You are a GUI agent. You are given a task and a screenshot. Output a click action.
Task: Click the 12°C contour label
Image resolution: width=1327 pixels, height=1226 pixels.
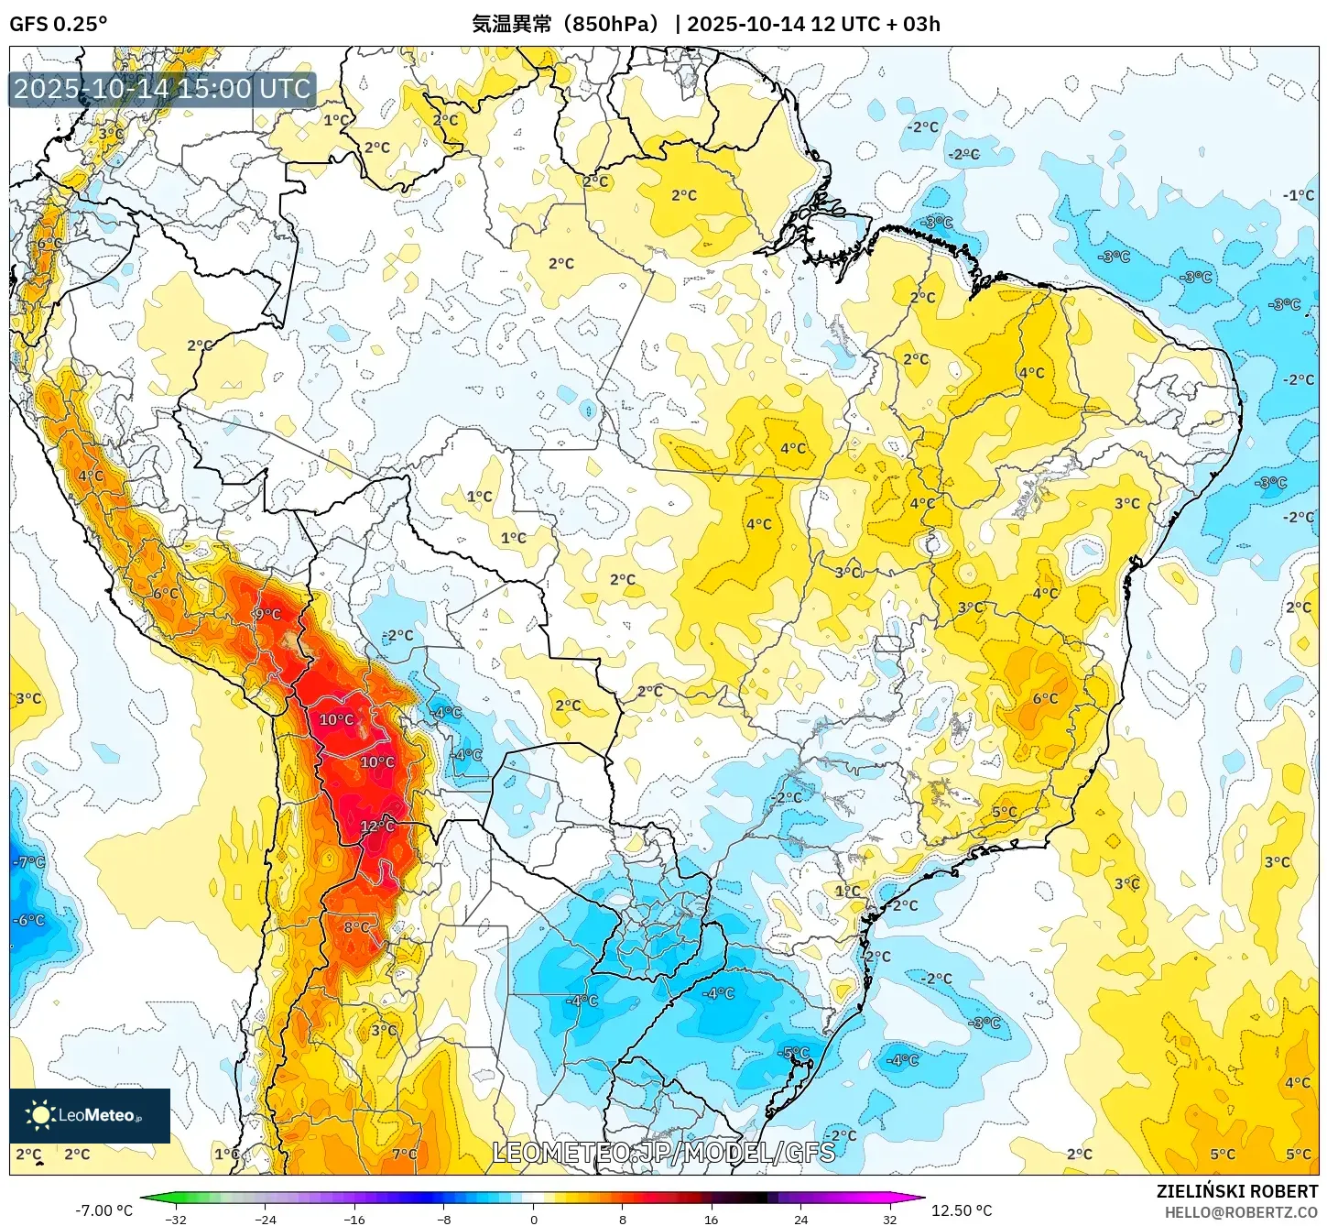coord(376,826)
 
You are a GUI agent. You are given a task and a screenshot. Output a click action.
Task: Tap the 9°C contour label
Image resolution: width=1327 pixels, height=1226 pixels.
coord(267,614)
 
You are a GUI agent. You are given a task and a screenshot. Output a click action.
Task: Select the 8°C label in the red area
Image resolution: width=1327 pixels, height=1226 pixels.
coord(356,927)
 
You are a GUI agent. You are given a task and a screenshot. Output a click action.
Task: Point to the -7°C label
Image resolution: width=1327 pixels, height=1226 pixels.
coord(28,862)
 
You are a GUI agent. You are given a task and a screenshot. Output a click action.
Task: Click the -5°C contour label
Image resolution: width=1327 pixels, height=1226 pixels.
coord(795,1053)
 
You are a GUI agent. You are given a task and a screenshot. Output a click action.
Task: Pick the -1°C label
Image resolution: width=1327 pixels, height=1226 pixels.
coord(1298,195)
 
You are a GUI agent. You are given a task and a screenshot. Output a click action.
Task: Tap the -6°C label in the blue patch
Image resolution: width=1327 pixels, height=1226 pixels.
coord(28,920)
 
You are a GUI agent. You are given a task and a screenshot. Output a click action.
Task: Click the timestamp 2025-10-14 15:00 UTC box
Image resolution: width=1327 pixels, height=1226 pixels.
coord(162,89)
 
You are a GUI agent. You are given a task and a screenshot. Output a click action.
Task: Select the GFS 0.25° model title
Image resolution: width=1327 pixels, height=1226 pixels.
coord(59,24)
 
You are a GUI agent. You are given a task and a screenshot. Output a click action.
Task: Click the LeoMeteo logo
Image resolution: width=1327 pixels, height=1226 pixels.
coord(90,1115)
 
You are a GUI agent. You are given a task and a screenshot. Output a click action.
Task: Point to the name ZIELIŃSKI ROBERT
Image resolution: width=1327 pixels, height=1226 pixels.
coord(1236,1191)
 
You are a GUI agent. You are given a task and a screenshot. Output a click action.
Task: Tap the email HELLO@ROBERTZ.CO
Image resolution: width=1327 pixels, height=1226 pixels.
coord(1241,1212)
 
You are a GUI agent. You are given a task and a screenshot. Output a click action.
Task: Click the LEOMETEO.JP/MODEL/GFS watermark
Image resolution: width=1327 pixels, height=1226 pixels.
coord(663,1152)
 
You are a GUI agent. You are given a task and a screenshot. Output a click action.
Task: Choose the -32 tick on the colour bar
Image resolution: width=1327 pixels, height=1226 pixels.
coord(176,1219)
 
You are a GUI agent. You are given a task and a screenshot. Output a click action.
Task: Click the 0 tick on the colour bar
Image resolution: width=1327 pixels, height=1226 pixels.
coord(534,1219)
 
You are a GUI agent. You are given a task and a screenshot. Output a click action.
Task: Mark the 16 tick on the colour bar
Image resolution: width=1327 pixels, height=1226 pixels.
coord(712,1219)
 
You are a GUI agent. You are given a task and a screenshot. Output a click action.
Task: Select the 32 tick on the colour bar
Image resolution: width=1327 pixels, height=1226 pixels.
coord(890,1219)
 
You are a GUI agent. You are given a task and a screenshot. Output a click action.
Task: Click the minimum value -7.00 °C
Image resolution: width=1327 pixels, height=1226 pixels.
coord(103,1210)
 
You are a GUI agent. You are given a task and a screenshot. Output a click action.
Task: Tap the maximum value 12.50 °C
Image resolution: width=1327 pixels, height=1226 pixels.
coord(962,1210)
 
